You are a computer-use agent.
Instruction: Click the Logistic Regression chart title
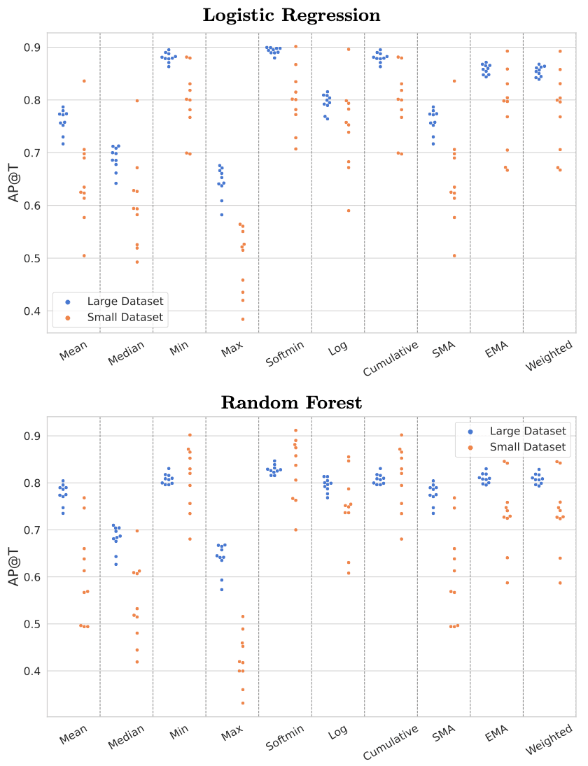click(x=291, y=15)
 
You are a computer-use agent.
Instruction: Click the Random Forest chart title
click(x=291, y=403)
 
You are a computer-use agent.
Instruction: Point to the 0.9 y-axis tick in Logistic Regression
click(x=32, y=48)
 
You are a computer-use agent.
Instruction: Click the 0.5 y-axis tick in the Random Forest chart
click(x=32, y=624)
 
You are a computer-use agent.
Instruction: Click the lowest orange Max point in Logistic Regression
click(x=243, y=319)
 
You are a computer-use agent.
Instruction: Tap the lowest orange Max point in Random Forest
click(x=243, y=703)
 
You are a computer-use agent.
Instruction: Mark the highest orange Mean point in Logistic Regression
click(x=84, y=81)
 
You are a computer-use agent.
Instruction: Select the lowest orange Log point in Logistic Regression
click(x=349, y=211)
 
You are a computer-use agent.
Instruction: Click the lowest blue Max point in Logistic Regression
click(x=222, y=215)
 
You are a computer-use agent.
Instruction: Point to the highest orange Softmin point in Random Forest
click(x=295, y=430)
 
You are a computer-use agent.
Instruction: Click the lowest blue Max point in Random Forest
click(x=222, y=590)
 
